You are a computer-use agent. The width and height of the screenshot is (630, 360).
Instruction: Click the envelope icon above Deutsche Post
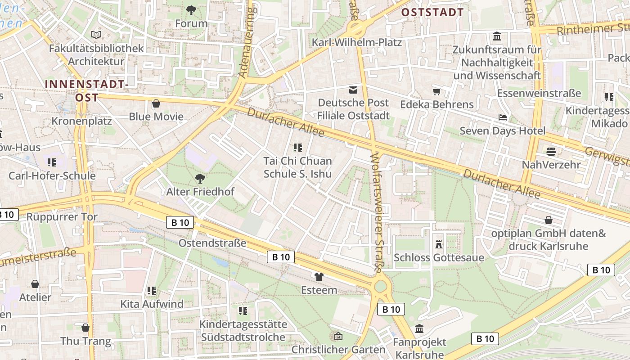pos(353,90)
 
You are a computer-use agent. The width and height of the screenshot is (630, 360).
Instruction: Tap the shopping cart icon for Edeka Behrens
pos(436,92)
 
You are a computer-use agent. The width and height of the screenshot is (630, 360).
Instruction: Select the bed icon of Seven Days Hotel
pos(503,118)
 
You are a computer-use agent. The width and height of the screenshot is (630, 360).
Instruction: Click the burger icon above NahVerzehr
pos(551,151)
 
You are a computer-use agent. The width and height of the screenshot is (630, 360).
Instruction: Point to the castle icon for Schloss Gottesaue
pos(439,244)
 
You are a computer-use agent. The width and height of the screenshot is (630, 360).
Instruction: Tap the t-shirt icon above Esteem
pos(319,276)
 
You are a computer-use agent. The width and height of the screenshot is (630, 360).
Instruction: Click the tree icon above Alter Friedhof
pos(200,179)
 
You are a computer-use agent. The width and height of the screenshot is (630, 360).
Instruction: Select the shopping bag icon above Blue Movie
pos(156,103)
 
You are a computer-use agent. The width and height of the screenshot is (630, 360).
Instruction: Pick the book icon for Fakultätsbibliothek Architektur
pos(96,35)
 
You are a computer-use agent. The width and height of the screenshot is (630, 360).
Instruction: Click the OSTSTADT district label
pos(432,12)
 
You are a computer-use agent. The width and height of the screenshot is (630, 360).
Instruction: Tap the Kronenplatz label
pos(81,121)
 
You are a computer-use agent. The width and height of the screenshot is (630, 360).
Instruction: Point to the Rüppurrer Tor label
pos(62,217)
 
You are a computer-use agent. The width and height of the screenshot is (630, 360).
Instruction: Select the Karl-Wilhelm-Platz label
pos(357,43)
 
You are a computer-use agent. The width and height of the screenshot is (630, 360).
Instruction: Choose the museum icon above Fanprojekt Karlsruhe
pos(419,329)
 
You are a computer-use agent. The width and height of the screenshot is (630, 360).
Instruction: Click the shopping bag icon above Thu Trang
pos(85,328)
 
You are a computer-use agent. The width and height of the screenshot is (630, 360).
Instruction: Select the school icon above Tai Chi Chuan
pos(297,147)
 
